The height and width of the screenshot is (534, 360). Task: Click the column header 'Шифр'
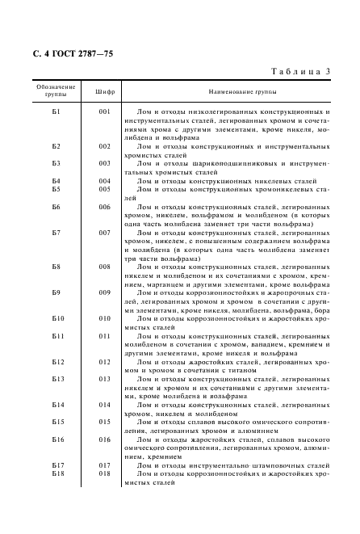pyautogui.click(x=104, y=91)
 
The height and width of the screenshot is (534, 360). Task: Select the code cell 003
pyautogui.click(x=104, y=164)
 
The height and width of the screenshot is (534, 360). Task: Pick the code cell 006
pyautogui.click(x=104, y=207)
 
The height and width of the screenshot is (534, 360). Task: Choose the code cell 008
pyautogui.click(x=104, y=267)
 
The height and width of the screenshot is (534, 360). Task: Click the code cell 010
pyautogui.click(x=104, y=318)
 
